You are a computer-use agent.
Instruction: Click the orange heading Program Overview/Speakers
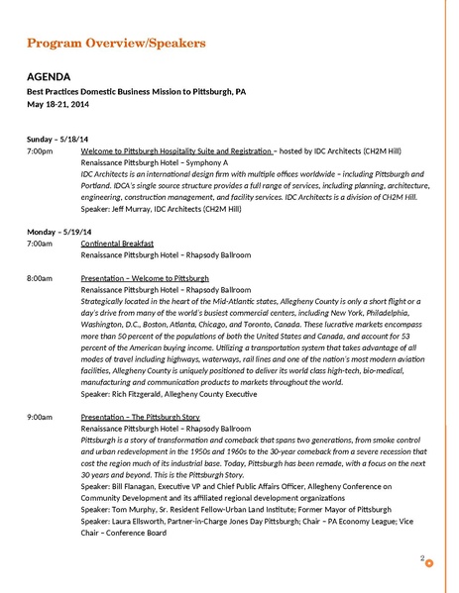(x=116, y=45)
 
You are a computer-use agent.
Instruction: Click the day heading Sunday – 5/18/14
(x=60, y=139)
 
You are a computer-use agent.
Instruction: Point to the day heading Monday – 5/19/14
(x=61, y=231)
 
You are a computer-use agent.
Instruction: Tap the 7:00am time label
(x=41, y=243)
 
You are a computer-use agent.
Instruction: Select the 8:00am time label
(x=41, y=278)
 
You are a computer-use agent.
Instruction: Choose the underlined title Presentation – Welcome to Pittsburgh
(x=145, y=278)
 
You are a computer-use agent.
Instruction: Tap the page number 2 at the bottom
(x=421, y=558)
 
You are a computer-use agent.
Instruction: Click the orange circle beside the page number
(x=429, y=565)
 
